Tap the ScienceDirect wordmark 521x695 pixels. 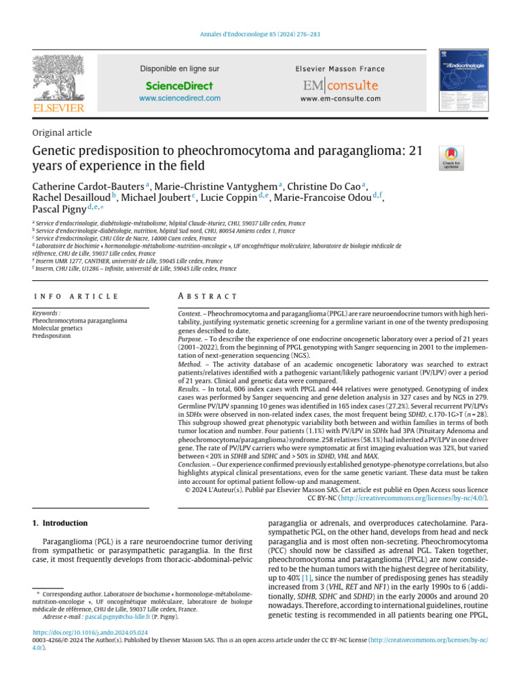(179, 86)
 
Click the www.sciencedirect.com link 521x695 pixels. (179, 98)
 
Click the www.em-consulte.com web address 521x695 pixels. (340, 99)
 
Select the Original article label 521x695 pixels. (62, 133)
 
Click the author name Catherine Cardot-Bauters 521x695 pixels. (91, 187)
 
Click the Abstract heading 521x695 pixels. (206, 297)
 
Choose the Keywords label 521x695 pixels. (46, 314)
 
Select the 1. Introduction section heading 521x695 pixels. (60, 523)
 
